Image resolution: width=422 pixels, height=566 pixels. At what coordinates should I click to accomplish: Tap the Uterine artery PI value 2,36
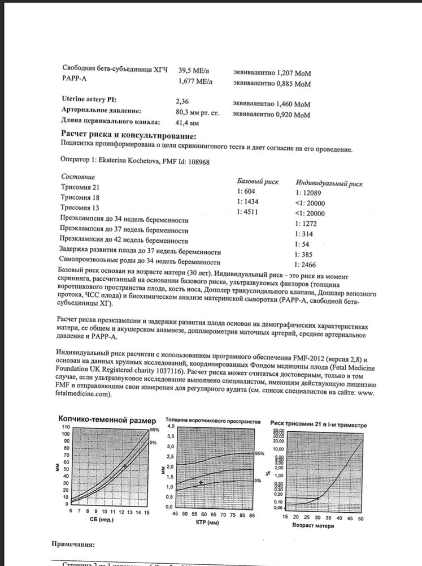[184, 101]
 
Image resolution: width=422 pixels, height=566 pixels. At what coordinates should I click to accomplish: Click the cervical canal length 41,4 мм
[188, 122]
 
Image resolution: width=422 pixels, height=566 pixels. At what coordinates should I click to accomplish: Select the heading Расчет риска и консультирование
[129, 136]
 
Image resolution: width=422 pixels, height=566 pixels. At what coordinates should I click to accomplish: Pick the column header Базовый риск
[258, 181]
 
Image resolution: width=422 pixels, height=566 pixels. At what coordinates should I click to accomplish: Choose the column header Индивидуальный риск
[329, 183]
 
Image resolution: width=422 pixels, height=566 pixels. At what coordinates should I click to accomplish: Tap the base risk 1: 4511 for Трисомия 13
[249, 213]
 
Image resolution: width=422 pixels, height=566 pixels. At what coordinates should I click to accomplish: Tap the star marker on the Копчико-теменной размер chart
[125, 465]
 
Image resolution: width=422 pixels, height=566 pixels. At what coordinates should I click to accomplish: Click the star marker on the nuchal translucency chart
[201, 482]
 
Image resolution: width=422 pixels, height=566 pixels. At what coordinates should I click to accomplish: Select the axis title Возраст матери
[312, 526]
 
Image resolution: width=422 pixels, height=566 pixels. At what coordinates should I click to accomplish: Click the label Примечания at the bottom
[73, 544]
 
